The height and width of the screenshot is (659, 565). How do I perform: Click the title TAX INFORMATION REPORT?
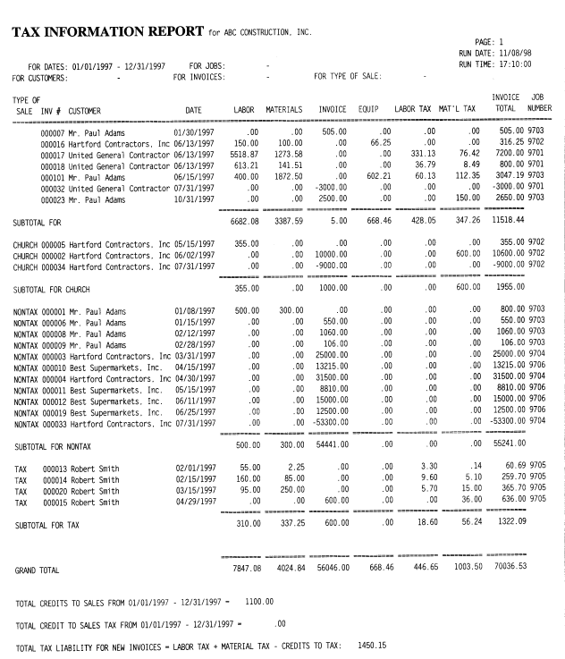click(x=108, y=32)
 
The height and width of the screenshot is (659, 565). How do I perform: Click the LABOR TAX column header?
click(x=414, y=111)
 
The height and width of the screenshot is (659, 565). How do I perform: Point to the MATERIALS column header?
click(x=285, y=111)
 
